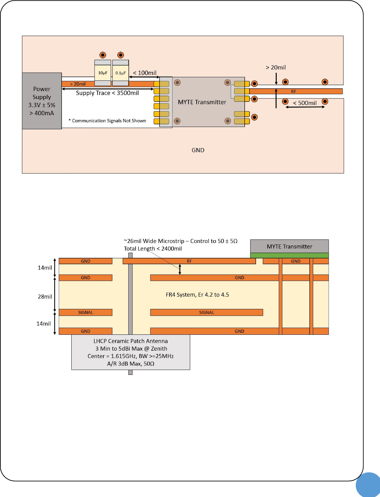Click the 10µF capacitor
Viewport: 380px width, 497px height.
click(103, 73)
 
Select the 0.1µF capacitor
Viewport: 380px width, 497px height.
click(120, 73)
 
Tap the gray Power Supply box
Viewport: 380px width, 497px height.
click(42, 101)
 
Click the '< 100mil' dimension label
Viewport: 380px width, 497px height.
click(145, 73)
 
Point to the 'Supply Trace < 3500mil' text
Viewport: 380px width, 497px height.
click(107, 93)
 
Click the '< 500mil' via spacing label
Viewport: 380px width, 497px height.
click(305, 103)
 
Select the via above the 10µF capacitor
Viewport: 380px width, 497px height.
click(103, 55)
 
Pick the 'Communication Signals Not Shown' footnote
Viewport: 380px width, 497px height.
click(107, 121)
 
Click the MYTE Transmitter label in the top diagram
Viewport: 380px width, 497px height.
click(202, 102)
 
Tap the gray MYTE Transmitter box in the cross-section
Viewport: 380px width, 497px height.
click(289, 246)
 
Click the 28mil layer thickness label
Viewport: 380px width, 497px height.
click(45, 297)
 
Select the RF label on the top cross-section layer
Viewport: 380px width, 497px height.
click(189, 261)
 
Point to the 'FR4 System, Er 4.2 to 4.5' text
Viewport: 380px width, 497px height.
click(197, 295)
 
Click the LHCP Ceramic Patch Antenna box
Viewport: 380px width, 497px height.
click(130, 352)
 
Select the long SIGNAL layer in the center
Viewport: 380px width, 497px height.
click(207, 312)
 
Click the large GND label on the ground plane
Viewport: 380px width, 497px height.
click(198, 150)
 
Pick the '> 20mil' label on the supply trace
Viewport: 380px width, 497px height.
click(78, 84)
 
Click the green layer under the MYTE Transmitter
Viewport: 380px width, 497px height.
click(289, 255)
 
